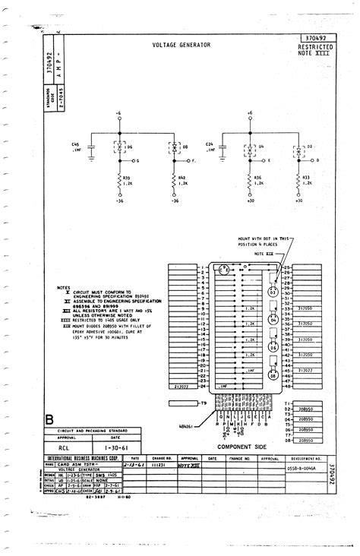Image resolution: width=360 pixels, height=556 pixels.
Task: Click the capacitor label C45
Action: pyautogui.click(x=76, y=143)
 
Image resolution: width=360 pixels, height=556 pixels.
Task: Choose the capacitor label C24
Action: pyautogui.click(x=208, y=143)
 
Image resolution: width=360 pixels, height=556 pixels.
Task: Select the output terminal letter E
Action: pyautogui.click(x=269, y=161)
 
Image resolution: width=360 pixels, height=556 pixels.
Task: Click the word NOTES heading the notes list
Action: pyautogui.click(x=63, y=287)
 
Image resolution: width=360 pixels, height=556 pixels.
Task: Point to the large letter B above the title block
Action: pyautogui.click(x=50, y=419)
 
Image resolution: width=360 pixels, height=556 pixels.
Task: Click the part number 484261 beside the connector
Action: pyautogui.click(x=186, y=427)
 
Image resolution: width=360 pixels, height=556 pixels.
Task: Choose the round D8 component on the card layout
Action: pyautogui.click(x=271, y=374)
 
